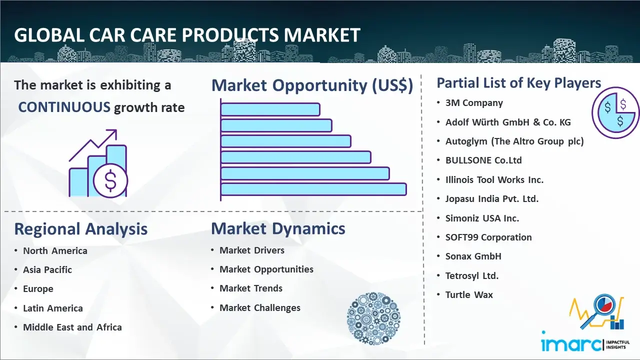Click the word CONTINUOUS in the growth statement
(64, 107)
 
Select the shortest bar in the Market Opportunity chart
(270, 109)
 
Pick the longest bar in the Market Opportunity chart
(313, 189)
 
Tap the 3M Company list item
(474, 103)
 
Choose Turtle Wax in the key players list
(469, 294)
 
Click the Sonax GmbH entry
(473, 256)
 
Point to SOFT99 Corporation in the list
(488, 237)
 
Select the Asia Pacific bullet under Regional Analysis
(47, 269)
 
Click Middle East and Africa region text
(72, 327)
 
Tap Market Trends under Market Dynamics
(251, 288)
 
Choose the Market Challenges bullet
(259, 307)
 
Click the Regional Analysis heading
(81, 229)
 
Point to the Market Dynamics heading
(278, 228)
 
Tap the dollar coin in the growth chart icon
(110, 181)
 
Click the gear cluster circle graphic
(373, 318)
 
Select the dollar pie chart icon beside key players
(615, 112)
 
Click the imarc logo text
(571, 344)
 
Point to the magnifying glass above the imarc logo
(599, 309)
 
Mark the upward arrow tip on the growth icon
(116, 130)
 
